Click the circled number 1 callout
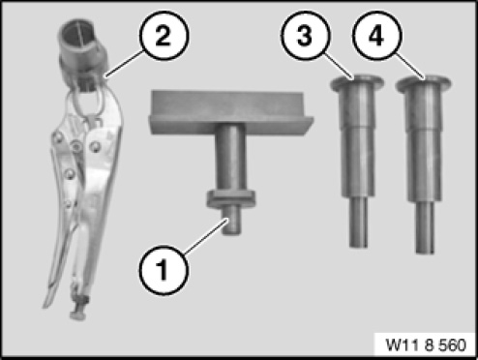[164, 270]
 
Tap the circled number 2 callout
[164, 36]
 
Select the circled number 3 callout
[306, 35]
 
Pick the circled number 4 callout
[377, 35]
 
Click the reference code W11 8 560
[426, 345]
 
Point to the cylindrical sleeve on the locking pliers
[83, 45]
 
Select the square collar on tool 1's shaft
[231, 198]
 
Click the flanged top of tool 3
[357, 82]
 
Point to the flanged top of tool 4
[423, 83]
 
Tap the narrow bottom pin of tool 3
[359, 222]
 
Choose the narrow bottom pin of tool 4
[425, 226]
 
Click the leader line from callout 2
[125, 63]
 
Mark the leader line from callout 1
[207, 235]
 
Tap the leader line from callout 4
[409, 66]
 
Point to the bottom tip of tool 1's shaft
[232, 233]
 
